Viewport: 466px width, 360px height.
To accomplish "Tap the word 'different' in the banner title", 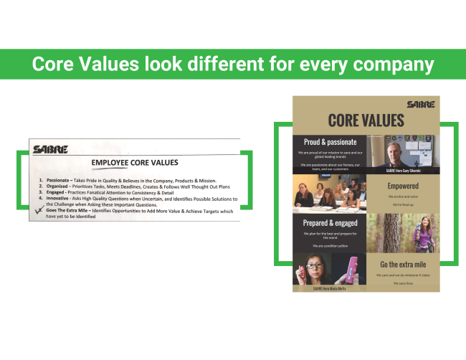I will click(225, 65).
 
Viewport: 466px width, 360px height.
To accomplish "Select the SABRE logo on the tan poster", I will click(419, 104).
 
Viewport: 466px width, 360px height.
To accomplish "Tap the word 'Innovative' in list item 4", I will click(62, 198).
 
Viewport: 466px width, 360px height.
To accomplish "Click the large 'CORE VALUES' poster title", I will click(365, 120).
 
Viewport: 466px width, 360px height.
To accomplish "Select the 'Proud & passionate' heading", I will click(331, 142).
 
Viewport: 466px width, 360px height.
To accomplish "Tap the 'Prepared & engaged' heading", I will click(331, 224).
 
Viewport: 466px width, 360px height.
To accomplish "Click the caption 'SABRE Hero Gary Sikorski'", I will click(402, 171).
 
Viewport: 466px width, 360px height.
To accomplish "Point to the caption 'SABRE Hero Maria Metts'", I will click(330, 288).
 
